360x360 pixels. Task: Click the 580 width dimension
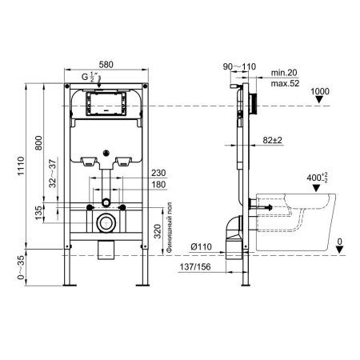[106, 65]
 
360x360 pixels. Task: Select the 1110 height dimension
[21, 166]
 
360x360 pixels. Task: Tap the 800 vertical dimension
[38, 143]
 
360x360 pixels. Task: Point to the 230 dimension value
[158, 173]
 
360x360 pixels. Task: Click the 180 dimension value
[158, 185]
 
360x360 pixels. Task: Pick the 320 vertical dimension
[158, 231]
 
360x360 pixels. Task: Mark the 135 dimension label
[38, 213]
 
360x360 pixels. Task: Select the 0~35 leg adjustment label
[21, 267]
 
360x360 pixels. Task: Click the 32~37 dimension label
[53, 174]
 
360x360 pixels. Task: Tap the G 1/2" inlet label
[89, 77]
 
